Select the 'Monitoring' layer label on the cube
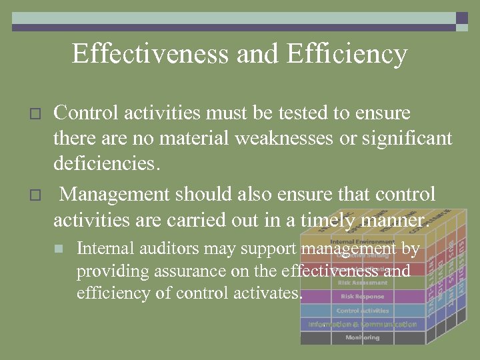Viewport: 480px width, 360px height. tap(362, 338)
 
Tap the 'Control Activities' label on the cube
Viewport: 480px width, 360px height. tap(362, 311)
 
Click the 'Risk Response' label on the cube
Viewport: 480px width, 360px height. tap(362, 297)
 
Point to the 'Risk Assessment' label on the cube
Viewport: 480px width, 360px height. tap(362, 283)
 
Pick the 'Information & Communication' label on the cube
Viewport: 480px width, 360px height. tap(362, 325)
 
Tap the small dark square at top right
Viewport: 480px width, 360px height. tap(462, 18)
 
